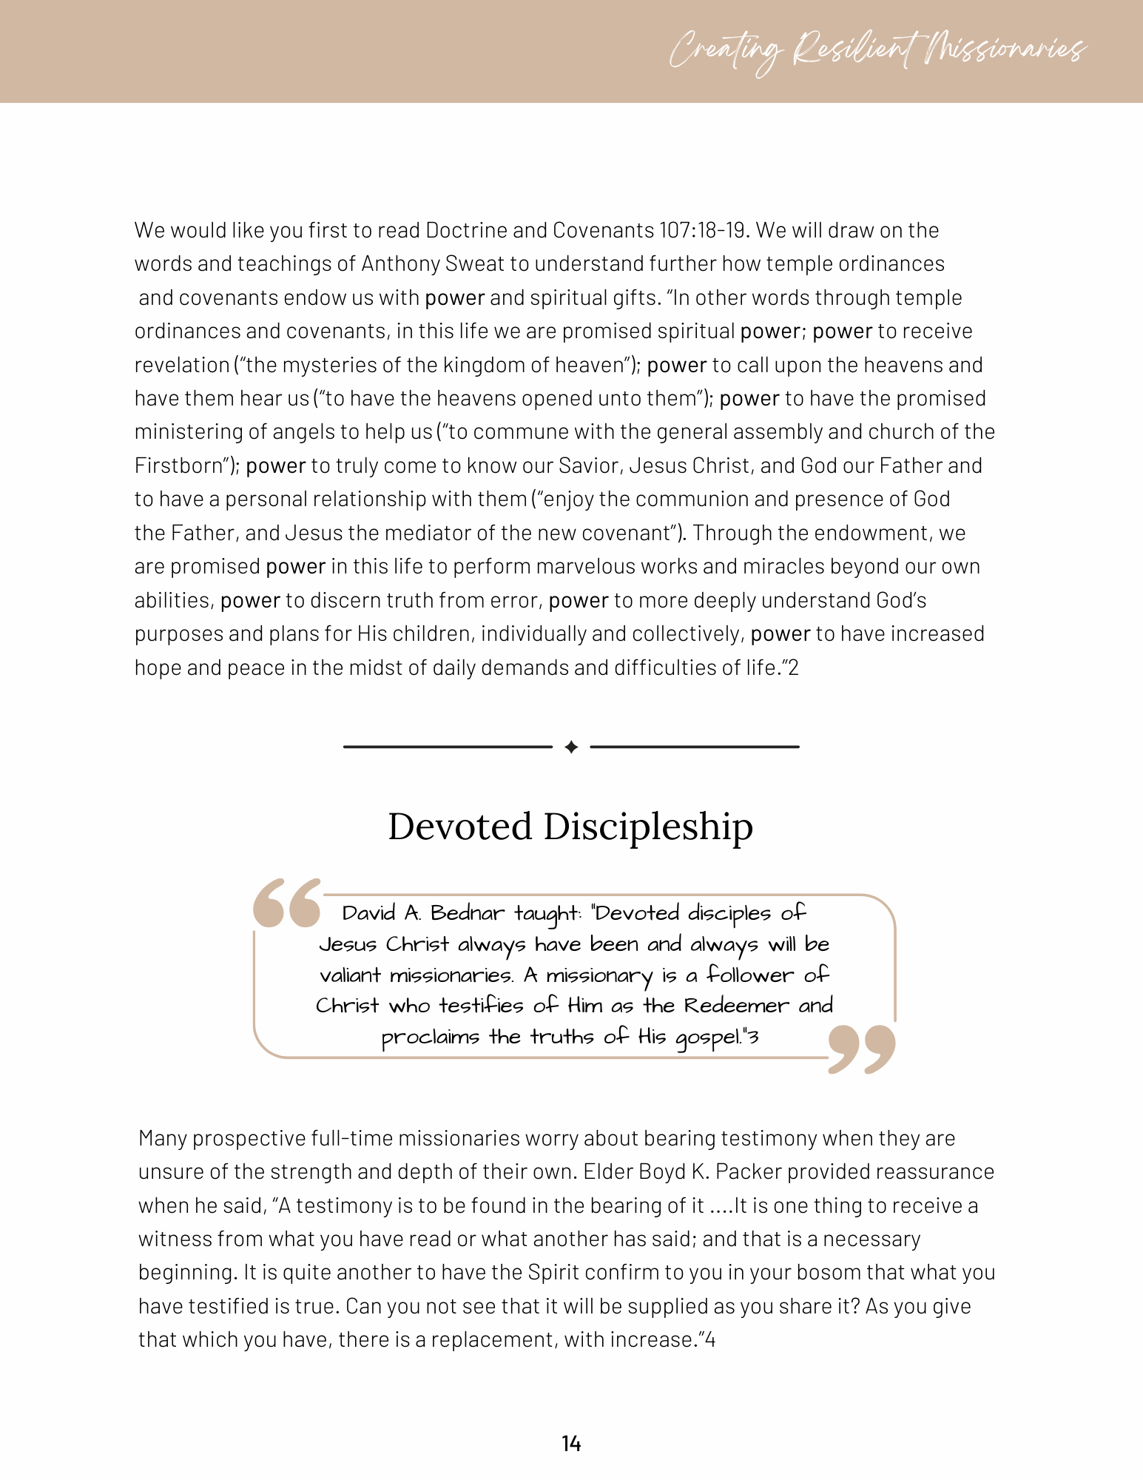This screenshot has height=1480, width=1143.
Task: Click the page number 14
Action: [x=571, y=1443]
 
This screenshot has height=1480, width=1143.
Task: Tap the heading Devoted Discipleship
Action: [x=570, y=826]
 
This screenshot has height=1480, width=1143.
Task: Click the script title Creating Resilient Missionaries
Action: [x=877, y=50]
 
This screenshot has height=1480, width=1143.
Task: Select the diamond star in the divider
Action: [x=571, y=747]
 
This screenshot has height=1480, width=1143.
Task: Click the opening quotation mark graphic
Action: [x=287, y=903]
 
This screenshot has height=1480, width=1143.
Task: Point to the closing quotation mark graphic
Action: [x=862, y=1049]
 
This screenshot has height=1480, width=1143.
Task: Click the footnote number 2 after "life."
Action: [x=794, y=668]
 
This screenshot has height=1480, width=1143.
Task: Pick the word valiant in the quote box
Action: [x=350, y=975]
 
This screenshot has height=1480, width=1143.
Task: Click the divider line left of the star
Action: [x=448, y=747]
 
